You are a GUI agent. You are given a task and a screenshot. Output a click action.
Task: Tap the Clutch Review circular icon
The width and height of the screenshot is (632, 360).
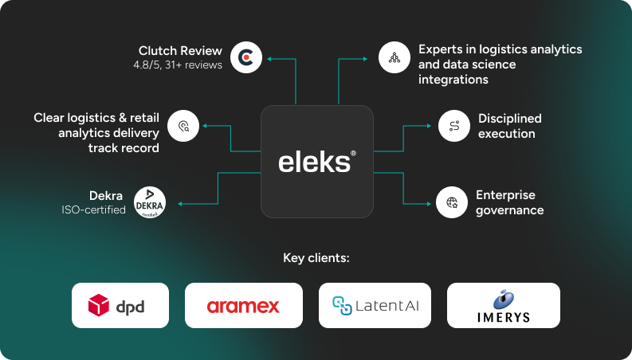246,57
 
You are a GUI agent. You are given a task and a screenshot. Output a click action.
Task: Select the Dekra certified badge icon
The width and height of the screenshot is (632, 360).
150,203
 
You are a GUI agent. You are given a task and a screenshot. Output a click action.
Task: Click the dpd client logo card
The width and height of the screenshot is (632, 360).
120,305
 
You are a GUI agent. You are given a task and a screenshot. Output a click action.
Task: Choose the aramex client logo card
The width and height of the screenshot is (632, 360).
243,305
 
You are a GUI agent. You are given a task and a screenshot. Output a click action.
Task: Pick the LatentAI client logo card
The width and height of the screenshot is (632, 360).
375,305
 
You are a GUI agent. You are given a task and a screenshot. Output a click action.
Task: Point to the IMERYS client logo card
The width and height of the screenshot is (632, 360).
503,305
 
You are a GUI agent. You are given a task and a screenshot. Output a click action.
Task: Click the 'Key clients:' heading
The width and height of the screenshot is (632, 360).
316,258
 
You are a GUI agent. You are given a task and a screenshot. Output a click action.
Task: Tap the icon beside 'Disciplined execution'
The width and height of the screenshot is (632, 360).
454,126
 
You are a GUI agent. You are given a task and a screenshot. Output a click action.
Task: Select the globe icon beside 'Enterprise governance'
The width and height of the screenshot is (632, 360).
452,202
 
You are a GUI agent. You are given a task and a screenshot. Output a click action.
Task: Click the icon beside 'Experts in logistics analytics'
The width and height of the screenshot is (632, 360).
394,57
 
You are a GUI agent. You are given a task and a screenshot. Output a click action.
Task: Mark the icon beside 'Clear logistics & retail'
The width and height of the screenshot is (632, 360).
183,126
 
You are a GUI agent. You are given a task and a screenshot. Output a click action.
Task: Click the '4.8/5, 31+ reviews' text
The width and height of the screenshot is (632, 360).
178,65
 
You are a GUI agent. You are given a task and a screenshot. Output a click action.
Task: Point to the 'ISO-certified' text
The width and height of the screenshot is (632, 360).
93,210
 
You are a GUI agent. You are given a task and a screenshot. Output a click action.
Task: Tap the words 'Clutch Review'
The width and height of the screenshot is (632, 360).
180,49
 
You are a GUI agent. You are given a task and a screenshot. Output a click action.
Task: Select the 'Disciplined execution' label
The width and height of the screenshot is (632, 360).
509,126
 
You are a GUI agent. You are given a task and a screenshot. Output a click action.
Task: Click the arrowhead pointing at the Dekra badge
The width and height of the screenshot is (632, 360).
181,204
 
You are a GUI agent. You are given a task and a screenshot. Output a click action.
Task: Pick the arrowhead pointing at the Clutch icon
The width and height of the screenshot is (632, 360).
269,58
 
